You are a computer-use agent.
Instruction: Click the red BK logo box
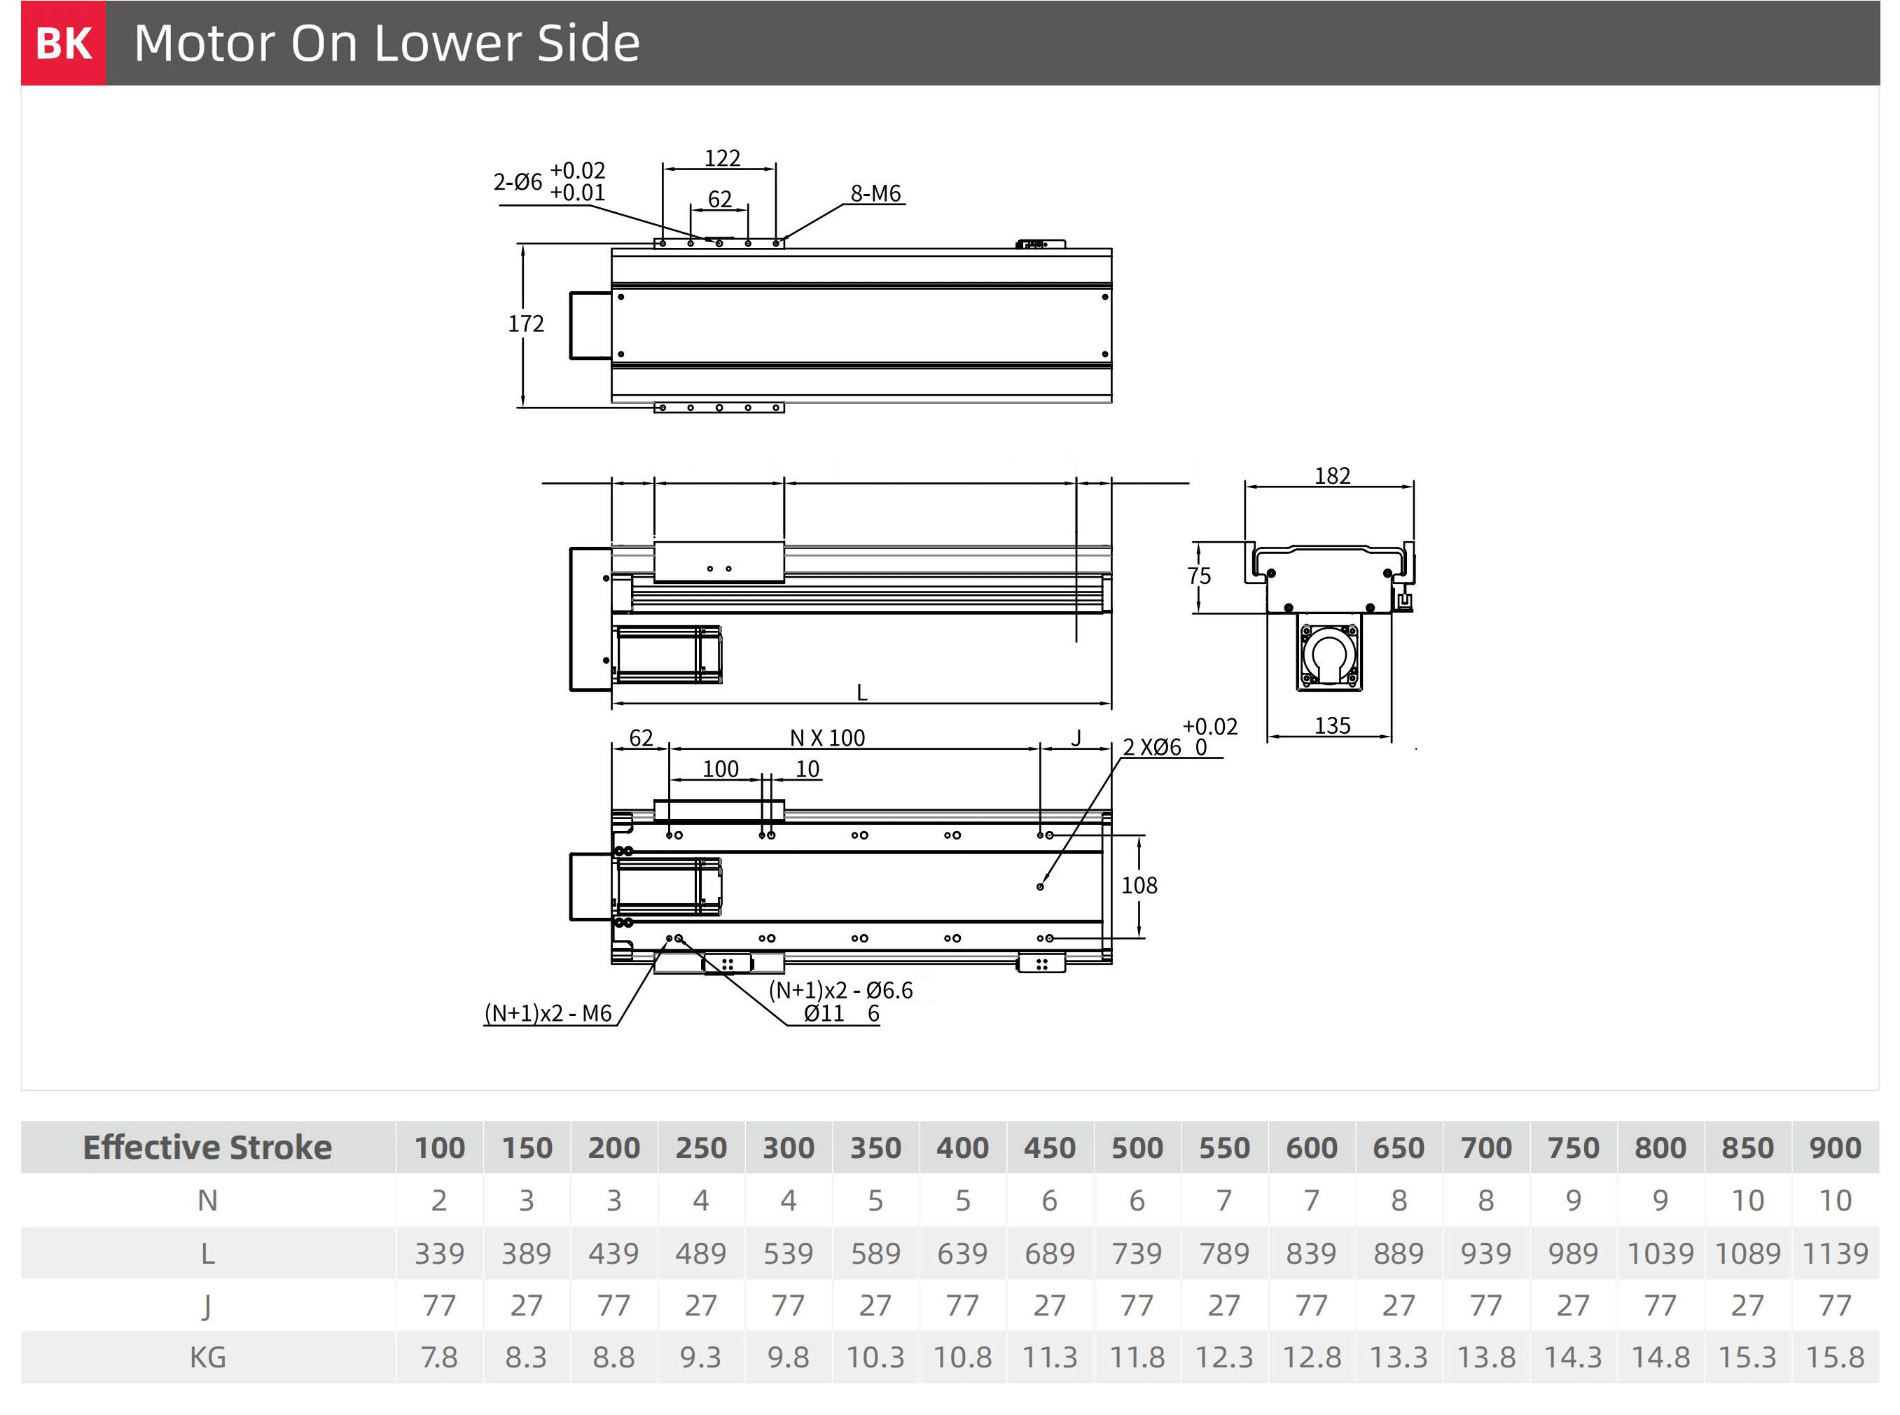point(64,43)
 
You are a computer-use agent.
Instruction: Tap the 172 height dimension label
point(526,323)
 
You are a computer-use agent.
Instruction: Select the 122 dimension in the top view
point(722,158)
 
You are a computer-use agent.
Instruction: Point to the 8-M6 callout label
point(875,193)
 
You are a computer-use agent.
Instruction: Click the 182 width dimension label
point(1332,475)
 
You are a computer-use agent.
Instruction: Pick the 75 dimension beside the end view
point(1199,576)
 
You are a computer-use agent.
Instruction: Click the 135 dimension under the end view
point(1332,725)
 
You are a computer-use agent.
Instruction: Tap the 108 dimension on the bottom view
point(1139,886)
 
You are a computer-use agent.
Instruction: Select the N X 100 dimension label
point(828,737)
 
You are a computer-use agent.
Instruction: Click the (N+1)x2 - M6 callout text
point(548,1013)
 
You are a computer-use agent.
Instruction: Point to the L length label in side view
point(862,692)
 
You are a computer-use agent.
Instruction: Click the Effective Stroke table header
point(207,1147)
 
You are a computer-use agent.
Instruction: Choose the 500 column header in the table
point(1137,1148)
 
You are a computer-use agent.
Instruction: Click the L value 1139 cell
point(1835,1253)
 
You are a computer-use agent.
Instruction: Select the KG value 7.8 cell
point(438,1357)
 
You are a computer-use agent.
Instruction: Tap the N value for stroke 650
point(1399,1200)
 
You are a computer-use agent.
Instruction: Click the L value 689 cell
point(1049,1253)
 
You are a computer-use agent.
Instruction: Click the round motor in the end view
point(1328,655)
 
